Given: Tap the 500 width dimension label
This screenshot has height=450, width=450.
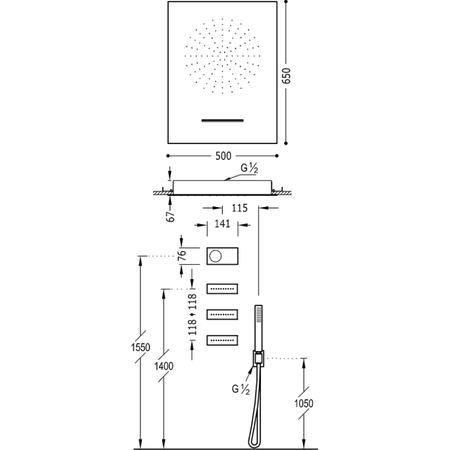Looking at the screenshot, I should (223, 156).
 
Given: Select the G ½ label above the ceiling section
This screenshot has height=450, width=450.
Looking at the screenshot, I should (249, 169).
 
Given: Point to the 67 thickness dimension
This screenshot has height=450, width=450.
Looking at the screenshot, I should (171, 217).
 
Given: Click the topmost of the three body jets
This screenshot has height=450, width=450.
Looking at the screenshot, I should (222, 289).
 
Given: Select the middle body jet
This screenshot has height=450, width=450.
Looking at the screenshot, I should (222, 315).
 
